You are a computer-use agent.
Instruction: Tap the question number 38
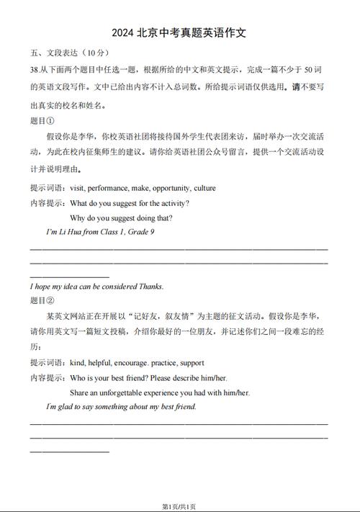click(35, 69)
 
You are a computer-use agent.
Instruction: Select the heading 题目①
click(42, 121)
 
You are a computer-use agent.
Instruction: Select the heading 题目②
click(42, 300)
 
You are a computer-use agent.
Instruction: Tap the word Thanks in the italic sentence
click(151, 286)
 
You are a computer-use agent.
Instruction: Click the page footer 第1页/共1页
click(179, 505)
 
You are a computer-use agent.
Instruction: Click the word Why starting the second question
click(78, 217)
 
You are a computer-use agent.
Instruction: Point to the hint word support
click(192, 363)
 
